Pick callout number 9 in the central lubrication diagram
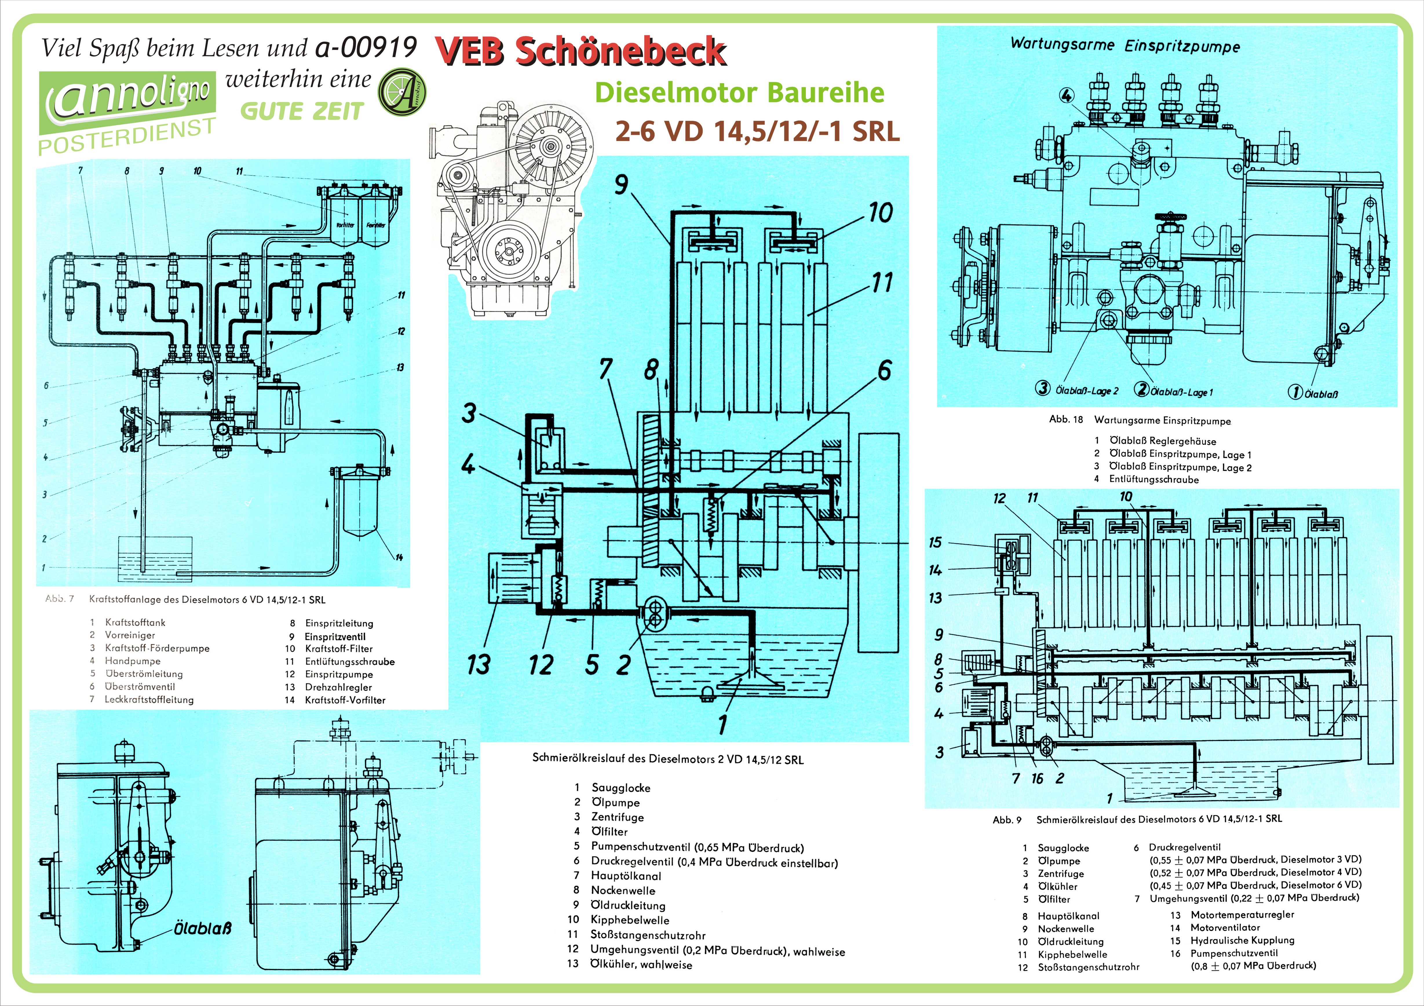621,184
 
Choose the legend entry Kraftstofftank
135,622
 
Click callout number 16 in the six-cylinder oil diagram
1037,778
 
